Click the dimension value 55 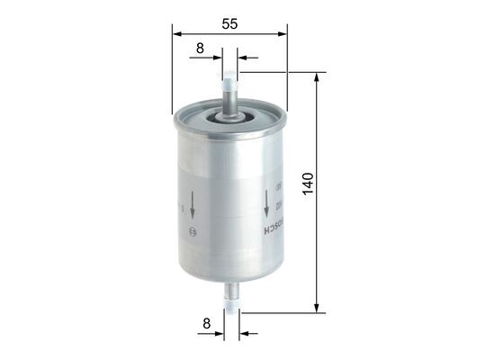tap(229, 24)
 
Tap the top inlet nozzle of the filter tap(229, 94)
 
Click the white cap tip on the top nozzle tap(229, 76)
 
